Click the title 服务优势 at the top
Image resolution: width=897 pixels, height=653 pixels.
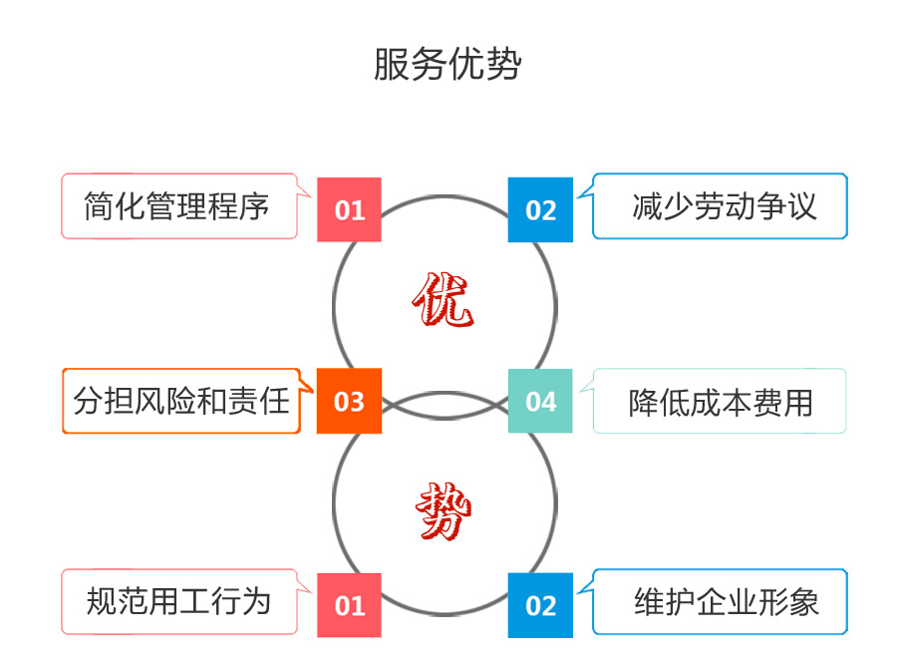click(x=448, y=64)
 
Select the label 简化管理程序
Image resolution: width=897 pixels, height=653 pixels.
click(x=177, y=206)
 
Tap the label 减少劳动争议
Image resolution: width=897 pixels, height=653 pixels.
click(x=724, y=206)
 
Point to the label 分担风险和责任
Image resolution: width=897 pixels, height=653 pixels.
click(x=181, y=401)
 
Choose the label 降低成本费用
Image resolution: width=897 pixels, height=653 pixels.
click(x=721, y=402)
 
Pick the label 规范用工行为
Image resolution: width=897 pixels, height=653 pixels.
click(x=178, y=601)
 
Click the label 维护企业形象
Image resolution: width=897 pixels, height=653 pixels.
click(x=727, y=602)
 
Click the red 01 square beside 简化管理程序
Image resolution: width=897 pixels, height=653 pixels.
click(x=349, y=209)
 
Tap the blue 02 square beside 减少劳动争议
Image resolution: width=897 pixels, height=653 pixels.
click(x=540, y=209)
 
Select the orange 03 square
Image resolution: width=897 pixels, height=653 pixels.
click(x=349, y=401)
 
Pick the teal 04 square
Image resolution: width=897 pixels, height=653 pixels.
click(x=540, y=401)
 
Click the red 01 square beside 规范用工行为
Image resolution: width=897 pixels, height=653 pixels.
click(x=349, y=604)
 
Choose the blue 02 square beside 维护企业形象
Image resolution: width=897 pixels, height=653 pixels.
click(x=540, y=604)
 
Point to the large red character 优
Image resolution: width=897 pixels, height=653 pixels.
click(x=443, y=302)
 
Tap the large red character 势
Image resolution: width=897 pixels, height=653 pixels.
click(x=444, y=510)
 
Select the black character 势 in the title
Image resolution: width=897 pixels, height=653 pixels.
click(x=504, y=64)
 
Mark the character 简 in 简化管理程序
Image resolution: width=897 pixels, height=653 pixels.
click(x=102, y=206)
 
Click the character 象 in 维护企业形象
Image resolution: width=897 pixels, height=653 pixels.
click(x=802, y=602)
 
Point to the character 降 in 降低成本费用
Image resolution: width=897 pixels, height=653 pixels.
click(x=644, y=402)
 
